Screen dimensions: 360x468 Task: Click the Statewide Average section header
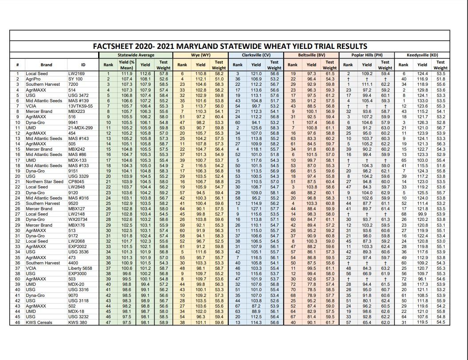click(x=136, y=55)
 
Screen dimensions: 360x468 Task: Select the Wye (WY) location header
click(x=200, y=55)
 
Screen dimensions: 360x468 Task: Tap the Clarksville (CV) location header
click(x=256, y=55)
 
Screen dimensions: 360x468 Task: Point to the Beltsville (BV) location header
click(x=311, y=55)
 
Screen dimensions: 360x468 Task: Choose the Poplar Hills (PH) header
click(x=367, y=55)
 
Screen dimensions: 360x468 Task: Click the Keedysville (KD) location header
click(x=422, y=55)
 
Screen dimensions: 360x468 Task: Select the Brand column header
click(x=46, y=65)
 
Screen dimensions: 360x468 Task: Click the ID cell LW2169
click(x=76, y=73)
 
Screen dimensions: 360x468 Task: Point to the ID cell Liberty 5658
click(x=80, y=268)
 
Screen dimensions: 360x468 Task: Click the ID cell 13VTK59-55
click(x=81, y=106)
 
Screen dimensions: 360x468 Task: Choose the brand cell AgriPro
click(x=33, y=79)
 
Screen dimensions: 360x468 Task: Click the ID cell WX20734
click(x=78, y=220)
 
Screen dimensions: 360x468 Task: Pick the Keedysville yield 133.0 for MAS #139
click(x=422, y=100)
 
